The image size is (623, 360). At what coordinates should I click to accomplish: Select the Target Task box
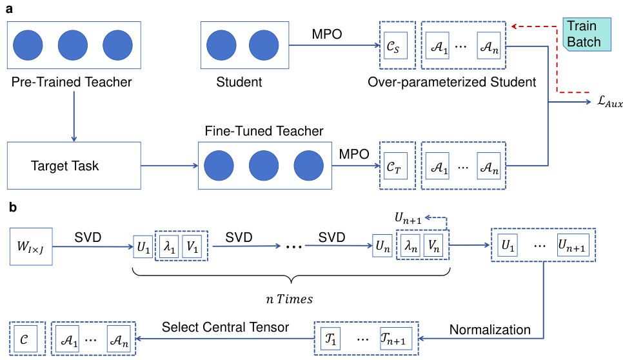point(74,166)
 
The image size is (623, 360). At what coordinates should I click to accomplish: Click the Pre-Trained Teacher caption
point(72,82)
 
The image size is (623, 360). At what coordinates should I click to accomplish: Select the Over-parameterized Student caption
point(452,82)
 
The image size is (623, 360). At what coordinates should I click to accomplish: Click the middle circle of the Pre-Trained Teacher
point(72,46)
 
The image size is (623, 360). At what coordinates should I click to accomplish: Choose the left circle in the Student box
point(221,46)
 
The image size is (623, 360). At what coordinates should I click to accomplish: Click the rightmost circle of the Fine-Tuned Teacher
point(308,166)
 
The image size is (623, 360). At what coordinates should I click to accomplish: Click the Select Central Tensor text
point(234,327)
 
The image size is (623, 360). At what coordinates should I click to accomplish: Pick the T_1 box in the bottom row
point(330,338)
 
